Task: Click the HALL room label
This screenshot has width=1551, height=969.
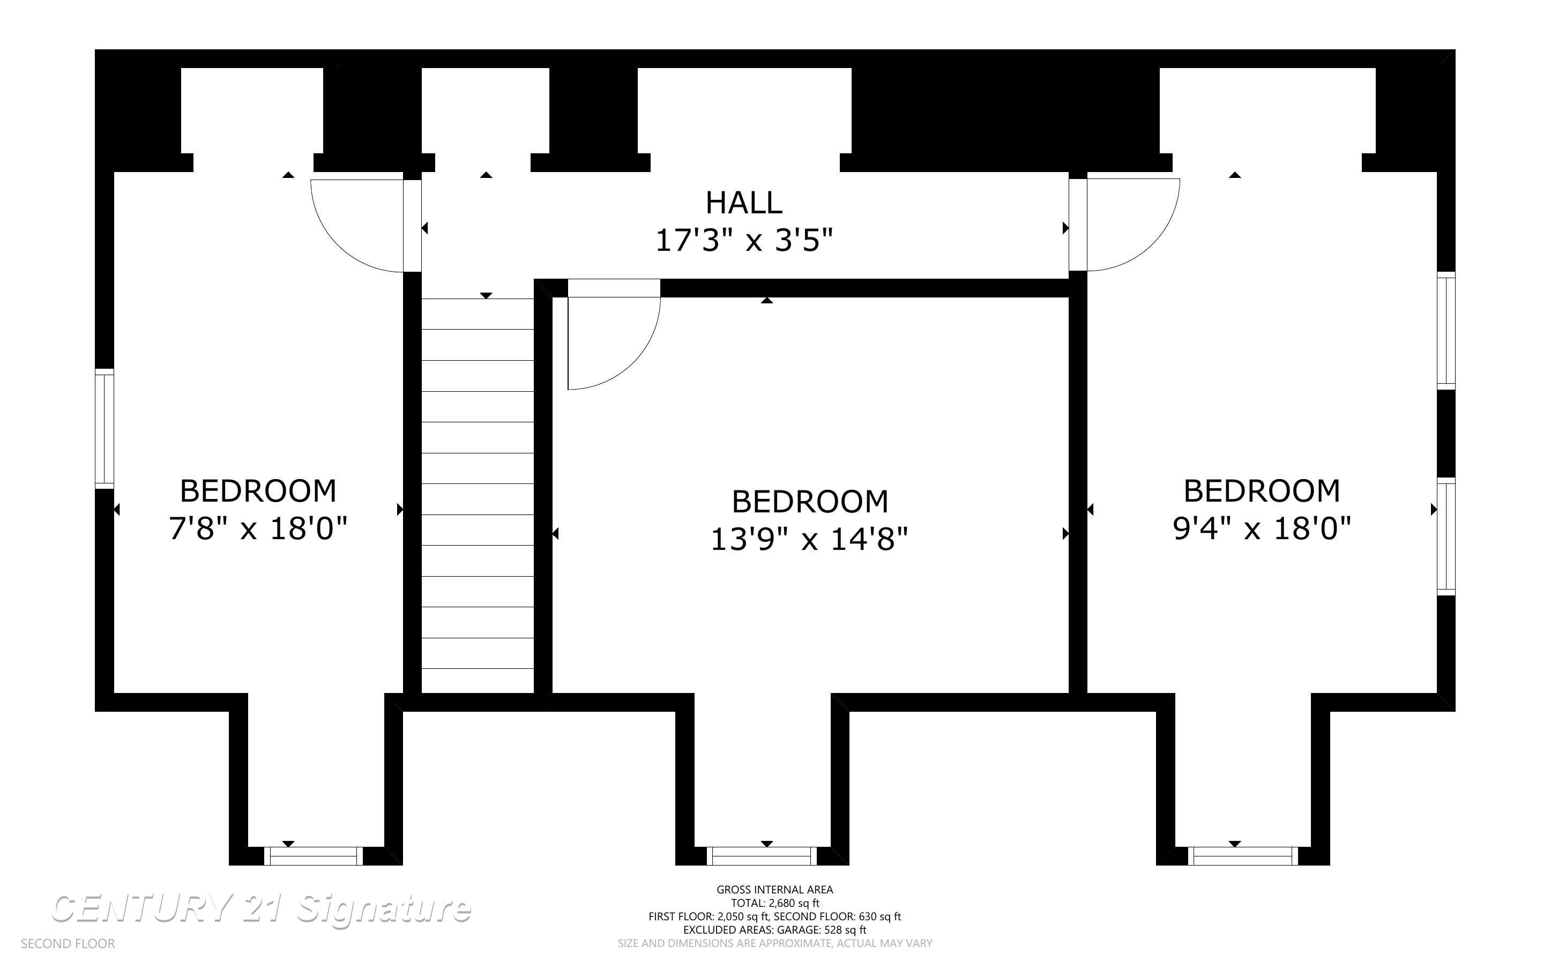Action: tap(744, 203)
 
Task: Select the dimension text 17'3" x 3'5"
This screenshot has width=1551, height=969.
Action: tap(744, 241)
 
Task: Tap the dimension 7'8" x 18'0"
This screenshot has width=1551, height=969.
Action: tap(258, 530)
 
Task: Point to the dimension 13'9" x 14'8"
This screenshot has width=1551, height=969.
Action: tap(810, 540)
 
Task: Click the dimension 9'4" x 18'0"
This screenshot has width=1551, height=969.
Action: tap(1262, 530)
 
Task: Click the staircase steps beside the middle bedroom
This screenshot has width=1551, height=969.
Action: tap(478, 495)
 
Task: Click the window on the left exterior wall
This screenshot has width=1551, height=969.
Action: tap(105, 429)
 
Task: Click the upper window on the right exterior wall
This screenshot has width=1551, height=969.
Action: tap(1446, 331)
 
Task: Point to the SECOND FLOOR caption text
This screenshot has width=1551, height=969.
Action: tap(68, 944)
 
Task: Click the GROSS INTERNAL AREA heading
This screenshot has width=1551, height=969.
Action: tap(774, 890)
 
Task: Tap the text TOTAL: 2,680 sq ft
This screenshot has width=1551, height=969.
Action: tap(774, 903)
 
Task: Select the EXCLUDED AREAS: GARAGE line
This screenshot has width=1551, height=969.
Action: tap(774, 930)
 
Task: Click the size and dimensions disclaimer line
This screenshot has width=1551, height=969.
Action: tap(774, 943)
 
